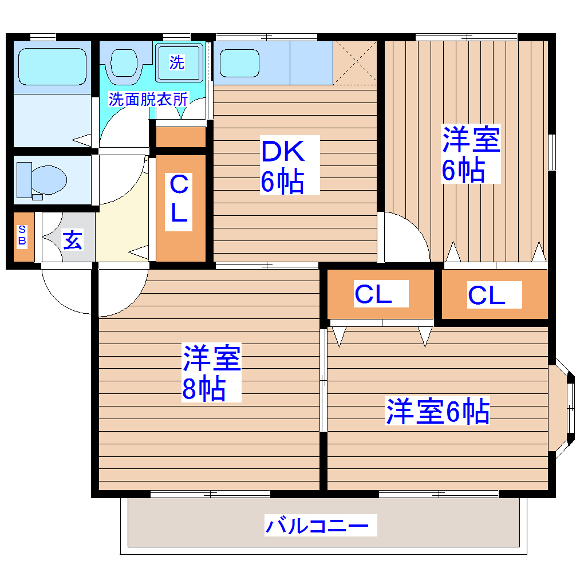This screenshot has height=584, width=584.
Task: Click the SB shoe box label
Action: coord(22,235)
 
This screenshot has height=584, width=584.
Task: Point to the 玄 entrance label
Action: coord(72,240)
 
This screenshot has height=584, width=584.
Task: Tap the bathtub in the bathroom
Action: coord(52,66)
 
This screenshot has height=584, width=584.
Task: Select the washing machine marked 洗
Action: coord(177,62)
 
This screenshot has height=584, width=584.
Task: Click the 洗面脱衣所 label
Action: coord(148,99)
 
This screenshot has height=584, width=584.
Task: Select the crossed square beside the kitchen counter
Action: coord(355,62)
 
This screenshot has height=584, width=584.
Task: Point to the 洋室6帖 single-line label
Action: coord(437,412)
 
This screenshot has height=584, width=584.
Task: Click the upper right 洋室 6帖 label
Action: coord(469,153)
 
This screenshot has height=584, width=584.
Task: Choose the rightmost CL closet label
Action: coord(487,295)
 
